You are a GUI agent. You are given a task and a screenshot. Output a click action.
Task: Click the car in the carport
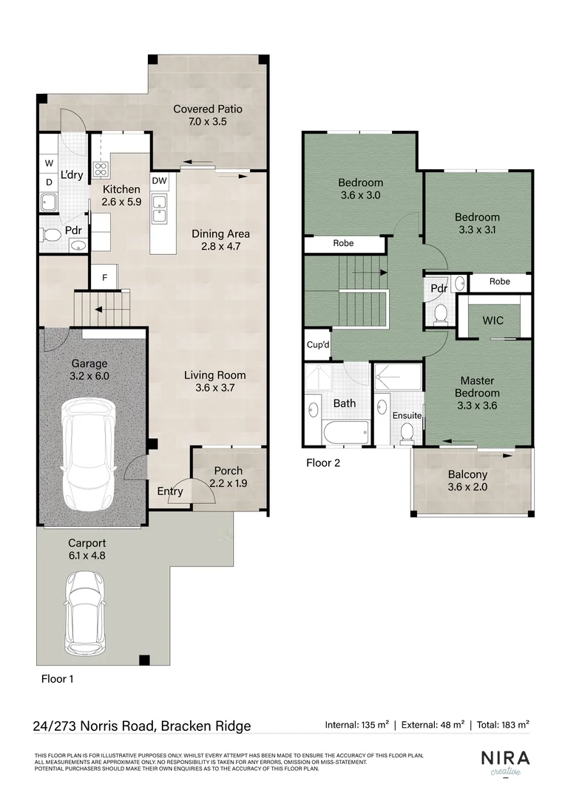[x=83, y=613]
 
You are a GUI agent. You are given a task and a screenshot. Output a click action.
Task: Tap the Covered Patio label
[x=208, y=109]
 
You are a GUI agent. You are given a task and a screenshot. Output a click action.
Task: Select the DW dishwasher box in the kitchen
[x=159, y=180]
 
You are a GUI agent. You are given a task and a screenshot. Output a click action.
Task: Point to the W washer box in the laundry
[x=49, y=163]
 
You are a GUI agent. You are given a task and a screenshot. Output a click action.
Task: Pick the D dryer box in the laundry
[x=49, y=182]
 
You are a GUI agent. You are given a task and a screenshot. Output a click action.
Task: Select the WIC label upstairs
[x=493, y=321]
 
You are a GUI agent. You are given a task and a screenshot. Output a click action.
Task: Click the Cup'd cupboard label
[x=318, y=345]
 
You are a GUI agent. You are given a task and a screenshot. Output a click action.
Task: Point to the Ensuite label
[x=407, y=416]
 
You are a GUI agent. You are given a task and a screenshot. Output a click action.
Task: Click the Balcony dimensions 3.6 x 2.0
[x=467, y=487]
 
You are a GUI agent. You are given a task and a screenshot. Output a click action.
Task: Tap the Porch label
[x=228, y=471]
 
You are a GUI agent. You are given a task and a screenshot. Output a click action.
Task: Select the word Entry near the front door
[x=169, y=491]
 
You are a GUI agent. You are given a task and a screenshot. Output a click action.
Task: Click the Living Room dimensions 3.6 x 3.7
[x=214, y=388]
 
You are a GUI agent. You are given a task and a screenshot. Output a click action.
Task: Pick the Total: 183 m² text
[x=502, y=726]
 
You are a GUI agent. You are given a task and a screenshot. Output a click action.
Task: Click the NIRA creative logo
[x=505, y=763]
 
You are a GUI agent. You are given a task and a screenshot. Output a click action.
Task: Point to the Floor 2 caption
[x=323, y=463]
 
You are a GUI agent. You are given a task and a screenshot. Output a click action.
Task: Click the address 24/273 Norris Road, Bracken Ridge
[x=142, y=726]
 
